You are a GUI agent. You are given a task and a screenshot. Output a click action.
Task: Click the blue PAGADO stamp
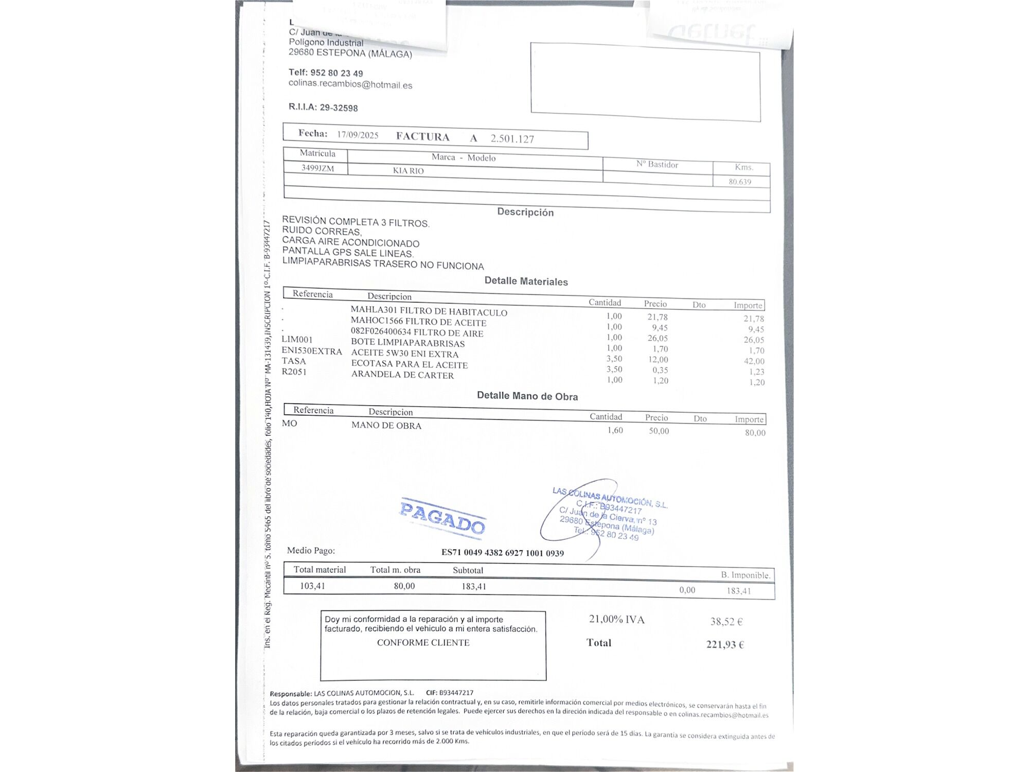click(x=442, y=517)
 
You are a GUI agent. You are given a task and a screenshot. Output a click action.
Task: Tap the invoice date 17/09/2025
click(x=358, y=135)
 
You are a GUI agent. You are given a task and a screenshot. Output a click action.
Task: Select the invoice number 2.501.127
click(x=512, y=138)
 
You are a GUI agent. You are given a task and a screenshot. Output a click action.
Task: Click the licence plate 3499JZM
click(x=317, y=168)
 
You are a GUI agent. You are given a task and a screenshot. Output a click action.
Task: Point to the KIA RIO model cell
click(x=408, y=170)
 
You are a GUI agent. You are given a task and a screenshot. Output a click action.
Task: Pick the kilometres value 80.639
click(x=739, y=182)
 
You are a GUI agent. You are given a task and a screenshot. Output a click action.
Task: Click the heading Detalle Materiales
click(x=526, y=281)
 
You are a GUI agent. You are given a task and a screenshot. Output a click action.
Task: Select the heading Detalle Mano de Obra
click(x=527, y=396)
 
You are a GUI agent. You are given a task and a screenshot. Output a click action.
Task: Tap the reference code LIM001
click(x=297, y=340)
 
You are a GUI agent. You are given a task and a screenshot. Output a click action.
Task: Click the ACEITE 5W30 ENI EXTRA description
click(x=404, y=354)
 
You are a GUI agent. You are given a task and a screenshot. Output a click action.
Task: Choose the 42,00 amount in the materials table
click(x=754, y=361)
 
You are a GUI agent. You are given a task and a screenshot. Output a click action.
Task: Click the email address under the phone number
click(x=350, y=84)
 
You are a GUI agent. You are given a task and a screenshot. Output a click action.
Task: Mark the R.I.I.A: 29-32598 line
click(x=323, y=107)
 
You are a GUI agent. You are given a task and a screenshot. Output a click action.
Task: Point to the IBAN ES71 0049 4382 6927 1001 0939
click(x=502, y=553)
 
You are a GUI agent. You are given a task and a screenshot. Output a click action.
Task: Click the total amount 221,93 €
click(x=724, y=644)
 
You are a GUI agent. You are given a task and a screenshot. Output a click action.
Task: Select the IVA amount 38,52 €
click(x=726, y=622)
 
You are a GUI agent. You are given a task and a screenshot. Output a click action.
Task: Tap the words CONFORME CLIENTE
click(x=423, y=642)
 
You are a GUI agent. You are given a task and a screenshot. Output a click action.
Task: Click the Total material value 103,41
click(x=312, y=586)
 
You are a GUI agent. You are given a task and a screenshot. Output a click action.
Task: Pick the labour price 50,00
click(x=659, y=431)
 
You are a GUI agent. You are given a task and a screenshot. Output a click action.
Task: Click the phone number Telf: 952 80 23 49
click(x=325, y=73)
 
